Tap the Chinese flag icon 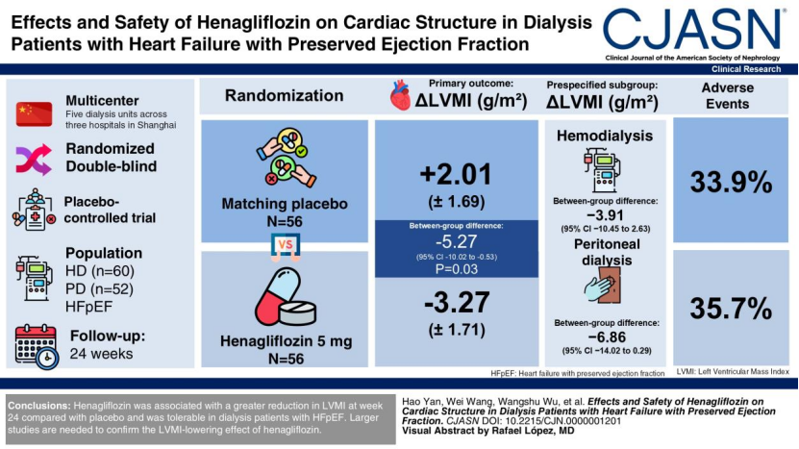coord(35,114)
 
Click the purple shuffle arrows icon coord(34,160)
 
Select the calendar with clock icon coord(37,346)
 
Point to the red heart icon coord(401,95)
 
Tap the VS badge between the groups coord(286,246)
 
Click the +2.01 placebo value coord(456,174)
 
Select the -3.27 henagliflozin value coord(457,303)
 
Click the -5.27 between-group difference coord(456,241)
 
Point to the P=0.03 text coord(456,269)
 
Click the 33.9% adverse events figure coord(731,182)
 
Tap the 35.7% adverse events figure coord(731,309)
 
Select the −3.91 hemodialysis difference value coord(606,215)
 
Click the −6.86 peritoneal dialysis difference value coord(607,337)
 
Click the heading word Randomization coord(285,95)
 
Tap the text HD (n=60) coord(100,271)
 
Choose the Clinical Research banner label coord(746,69)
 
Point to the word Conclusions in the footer coord(39,406)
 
